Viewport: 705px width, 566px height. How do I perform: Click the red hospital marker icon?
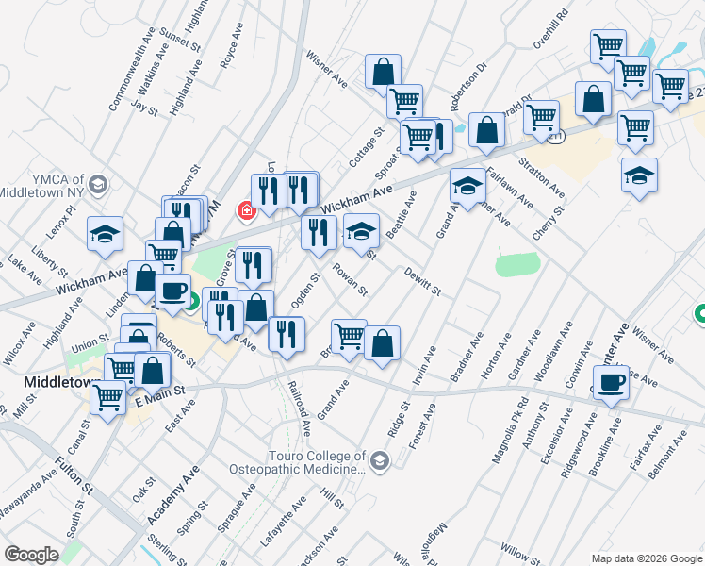(x=247, y=210)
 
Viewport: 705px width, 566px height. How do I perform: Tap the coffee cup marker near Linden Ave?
(x=172, y=290)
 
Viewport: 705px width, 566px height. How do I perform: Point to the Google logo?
(x=31, y=555)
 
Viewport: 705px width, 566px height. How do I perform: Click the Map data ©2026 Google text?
(x=647, y=558)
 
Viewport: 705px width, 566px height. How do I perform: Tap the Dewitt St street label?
(x=423, y=281)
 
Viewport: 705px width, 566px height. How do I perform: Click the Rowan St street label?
(x=350, y=279)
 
